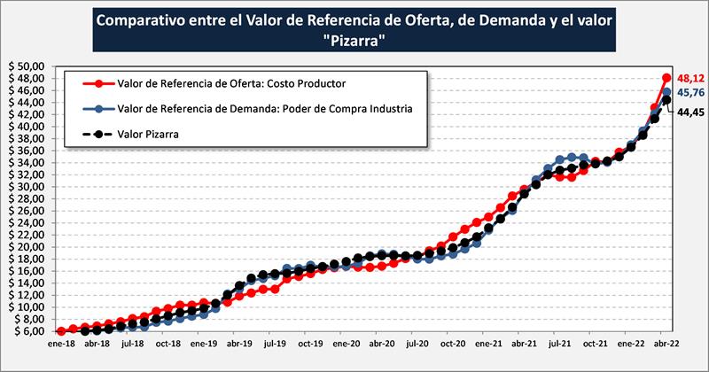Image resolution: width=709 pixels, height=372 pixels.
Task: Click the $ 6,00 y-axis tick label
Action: (30, 331)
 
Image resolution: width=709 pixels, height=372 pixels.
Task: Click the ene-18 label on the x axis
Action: (60, 345)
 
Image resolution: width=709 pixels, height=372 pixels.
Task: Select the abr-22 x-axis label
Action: (666, 345)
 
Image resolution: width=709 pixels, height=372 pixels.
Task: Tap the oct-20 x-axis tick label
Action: (452, 345)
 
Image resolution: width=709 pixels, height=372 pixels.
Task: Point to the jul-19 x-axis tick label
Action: (274, 345)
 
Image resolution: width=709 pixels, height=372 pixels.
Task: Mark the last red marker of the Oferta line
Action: (666, 77)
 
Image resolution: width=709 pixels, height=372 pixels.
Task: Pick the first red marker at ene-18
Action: (60, 331)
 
